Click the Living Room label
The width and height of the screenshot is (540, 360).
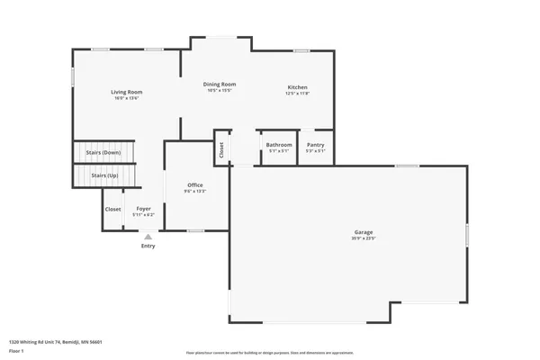point(127,92)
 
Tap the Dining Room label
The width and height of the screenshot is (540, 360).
point(220,84)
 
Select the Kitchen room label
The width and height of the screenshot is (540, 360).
point(297,86)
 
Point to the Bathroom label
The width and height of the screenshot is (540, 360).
point(279,145)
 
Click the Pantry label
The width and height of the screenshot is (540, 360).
point(315,145)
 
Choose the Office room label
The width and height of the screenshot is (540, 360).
point(195,184)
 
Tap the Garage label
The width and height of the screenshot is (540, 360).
point(363,232)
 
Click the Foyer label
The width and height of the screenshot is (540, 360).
point(144,209)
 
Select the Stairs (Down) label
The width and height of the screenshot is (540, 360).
point(103,153)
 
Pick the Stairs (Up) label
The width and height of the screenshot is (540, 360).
point(106,175)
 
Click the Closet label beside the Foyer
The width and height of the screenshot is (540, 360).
point(112,209)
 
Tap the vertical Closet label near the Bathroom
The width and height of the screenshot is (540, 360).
point(221,150)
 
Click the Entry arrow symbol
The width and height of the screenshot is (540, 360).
point(148,237)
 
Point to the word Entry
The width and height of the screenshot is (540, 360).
point(148,246)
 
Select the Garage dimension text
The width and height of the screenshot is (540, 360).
point(363,238)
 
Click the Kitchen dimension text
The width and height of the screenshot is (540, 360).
point(297,93)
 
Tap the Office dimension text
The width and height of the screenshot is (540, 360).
point(195,191)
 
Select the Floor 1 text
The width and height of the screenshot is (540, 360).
point(16,351)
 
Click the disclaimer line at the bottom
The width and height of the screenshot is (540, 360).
point(270,353)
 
